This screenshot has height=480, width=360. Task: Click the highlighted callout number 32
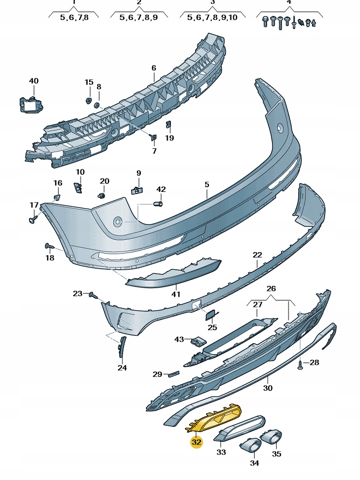click(197, 442)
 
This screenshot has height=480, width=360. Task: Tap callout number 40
click(34, 81)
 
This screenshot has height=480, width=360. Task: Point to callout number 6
click(154, 68)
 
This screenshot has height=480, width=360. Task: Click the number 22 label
click(257, 255)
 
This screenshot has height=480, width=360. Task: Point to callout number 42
click(161, 189)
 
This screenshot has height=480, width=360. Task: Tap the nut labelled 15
click(89, 100)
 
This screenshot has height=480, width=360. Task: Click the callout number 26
click(271, 288)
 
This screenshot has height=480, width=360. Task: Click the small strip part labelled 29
click(173, 373)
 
